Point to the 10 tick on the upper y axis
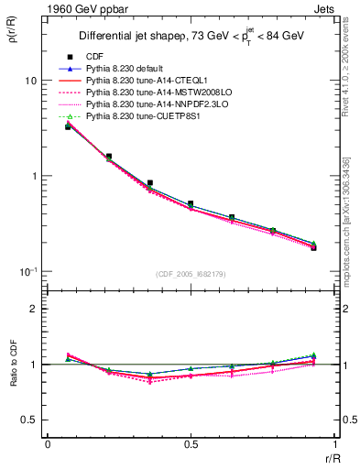pyautogui.click(x=30, y=81)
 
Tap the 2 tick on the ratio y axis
pyautogui.click(x=34, y=310)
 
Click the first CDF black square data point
pyautogui.click(x=68, y=127)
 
